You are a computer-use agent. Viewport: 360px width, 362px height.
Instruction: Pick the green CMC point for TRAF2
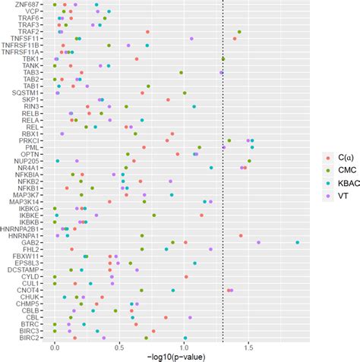(x=239, y=32)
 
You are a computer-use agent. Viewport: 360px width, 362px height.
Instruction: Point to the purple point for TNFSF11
(x=191, y=39)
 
